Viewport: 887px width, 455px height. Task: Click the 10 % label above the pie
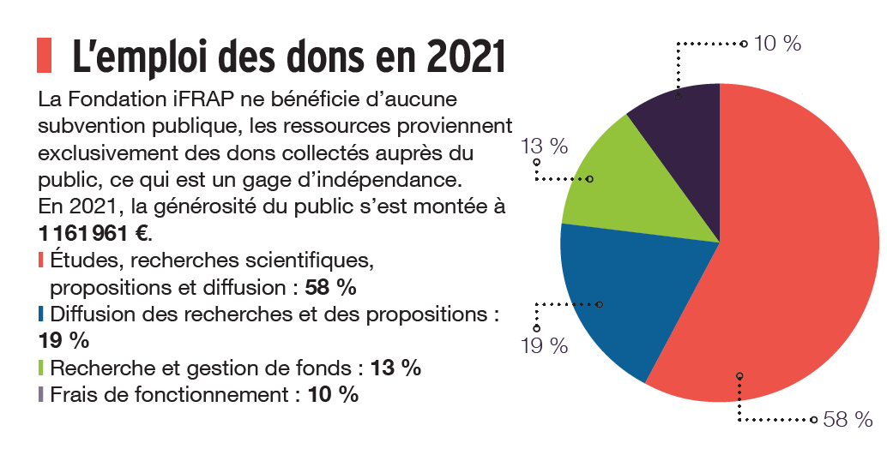pos(777,43)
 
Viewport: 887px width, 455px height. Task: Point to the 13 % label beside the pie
pos(544,146)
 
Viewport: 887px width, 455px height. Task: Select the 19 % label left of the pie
pos(545,345)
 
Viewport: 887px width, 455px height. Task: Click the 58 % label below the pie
pos(847,419)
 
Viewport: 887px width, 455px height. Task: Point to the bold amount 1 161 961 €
pos(94,234)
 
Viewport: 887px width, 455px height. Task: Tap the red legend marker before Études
pos(42,260)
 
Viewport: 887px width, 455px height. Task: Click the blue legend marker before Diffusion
pos(42,314)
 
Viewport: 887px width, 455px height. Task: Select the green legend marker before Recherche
pos(42,368)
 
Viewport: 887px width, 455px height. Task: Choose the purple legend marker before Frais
pos(42,395)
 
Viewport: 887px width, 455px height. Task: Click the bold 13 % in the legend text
pos(395,368)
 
